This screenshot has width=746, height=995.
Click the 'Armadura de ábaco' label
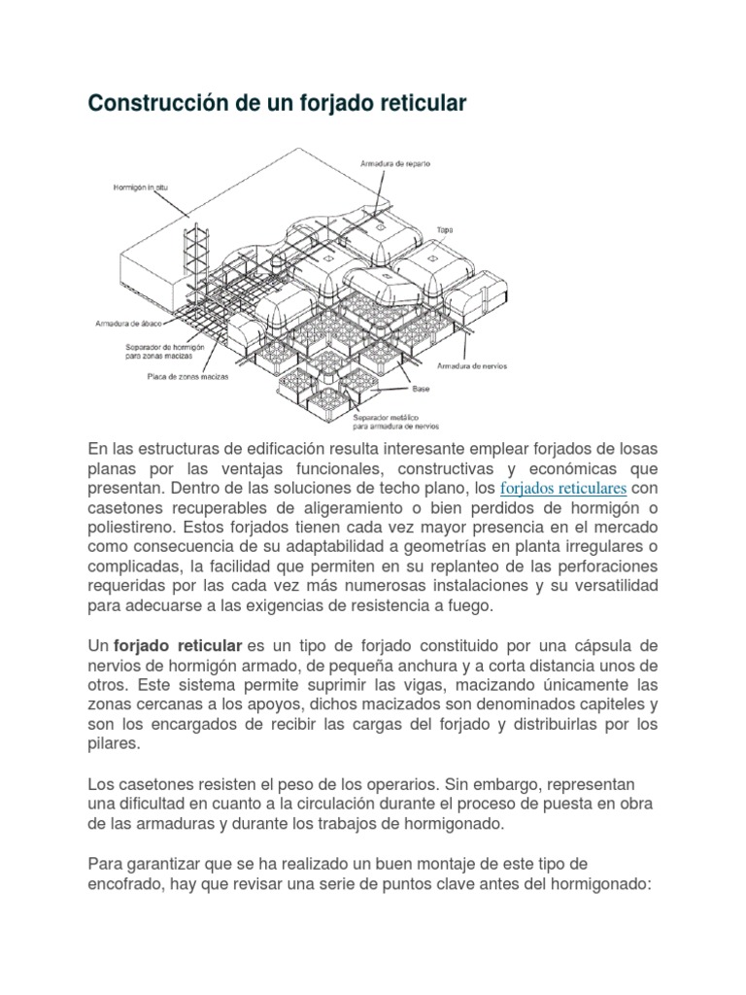coord(128,324)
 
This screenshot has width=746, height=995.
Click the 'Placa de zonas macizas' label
coord(188,376)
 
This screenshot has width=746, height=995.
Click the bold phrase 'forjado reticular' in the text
coord(178,646)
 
